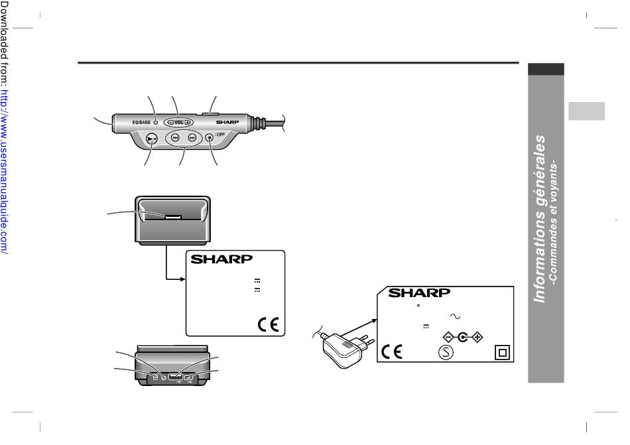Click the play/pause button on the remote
(152, 139)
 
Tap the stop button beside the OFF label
(209, 138)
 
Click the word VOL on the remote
(178, 122)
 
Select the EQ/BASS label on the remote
(141, 122)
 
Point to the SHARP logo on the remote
(227, 123)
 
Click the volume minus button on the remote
(170, 122)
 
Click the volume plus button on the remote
(188, 122)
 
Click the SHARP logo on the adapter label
(419, 293)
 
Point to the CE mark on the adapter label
(393, 351)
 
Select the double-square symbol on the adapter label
(502, 353)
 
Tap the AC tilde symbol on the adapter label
(456, 316)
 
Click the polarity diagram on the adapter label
(462, 336)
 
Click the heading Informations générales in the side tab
(541, 219)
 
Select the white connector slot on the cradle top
(173, 216)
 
